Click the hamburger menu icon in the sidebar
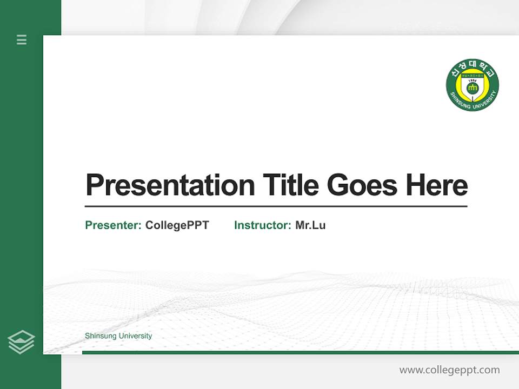pyautogui.click(x=22, y=39)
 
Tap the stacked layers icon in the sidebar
pyautogui.click(x=21, y=342)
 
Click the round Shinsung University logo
pyautogui.click(x=472, y=86)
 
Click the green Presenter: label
pyautogui.click(x=113, y=225)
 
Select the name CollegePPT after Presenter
pyautogui.click(x=177, y=225)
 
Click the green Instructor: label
pyautogui.click(x=262, y=225)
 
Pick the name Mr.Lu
pyautogui.click(x=310, y=225)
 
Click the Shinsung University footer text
pyautogui.click(x=118, y=336)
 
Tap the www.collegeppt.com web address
pyautogui.click(x=449, y=370)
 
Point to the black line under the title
pyautogui.click(x=276, y=206)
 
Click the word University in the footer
pyautogui.click(x=135, y=336)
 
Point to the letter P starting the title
pyautogui.click(x=95, y=185)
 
